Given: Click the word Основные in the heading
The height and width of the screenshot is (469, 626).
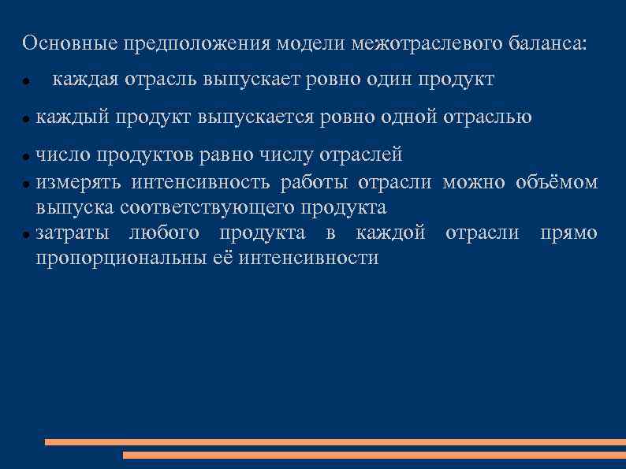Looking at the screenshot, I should click(69, 43).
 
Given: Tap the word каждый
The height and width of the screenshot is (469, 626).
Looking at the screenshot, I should click(73, 117).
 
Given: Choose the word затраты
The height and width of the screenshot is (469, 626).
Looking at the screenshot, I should click(74, 233).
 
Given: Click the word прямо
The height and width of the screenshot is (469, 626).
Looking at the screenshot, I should click(568, 233).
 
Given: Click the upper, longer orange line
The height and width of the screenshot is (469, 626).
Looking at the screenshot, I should click(335, 442).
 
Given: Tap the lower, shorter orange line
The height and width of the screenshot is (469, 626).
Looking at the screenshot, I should click(374, 455).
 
